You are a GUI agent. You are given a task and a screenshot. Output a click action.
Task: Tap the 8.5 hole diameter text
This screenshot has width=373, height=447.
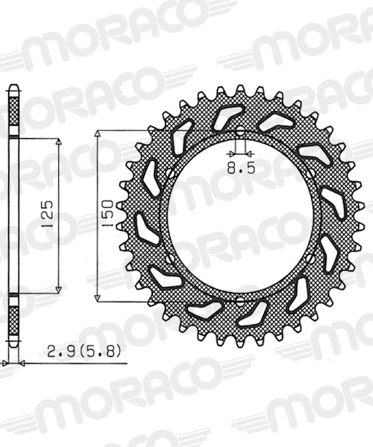[241, 168]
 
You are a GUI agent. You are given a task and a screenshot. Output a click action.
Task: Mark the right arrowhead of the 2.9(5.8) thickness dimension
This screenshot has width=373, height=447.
[21, 363]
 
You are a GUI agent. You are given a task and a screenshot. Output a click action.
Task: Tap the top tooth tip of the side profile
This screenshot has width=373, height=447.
[12, 88]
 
